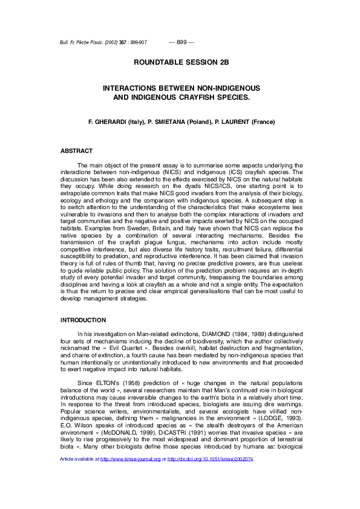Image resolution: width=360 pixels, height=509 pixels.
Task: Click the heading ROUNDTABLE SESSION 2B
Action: point(181,62)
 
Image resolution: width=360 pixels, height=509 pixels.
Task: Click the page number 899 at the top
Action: point(181,42)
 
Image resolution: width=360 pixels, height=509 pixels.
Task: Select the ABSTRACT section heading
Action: point(77,151)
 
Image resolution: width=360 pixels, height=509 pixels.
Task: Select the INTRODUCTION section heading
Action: point(83,320)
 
